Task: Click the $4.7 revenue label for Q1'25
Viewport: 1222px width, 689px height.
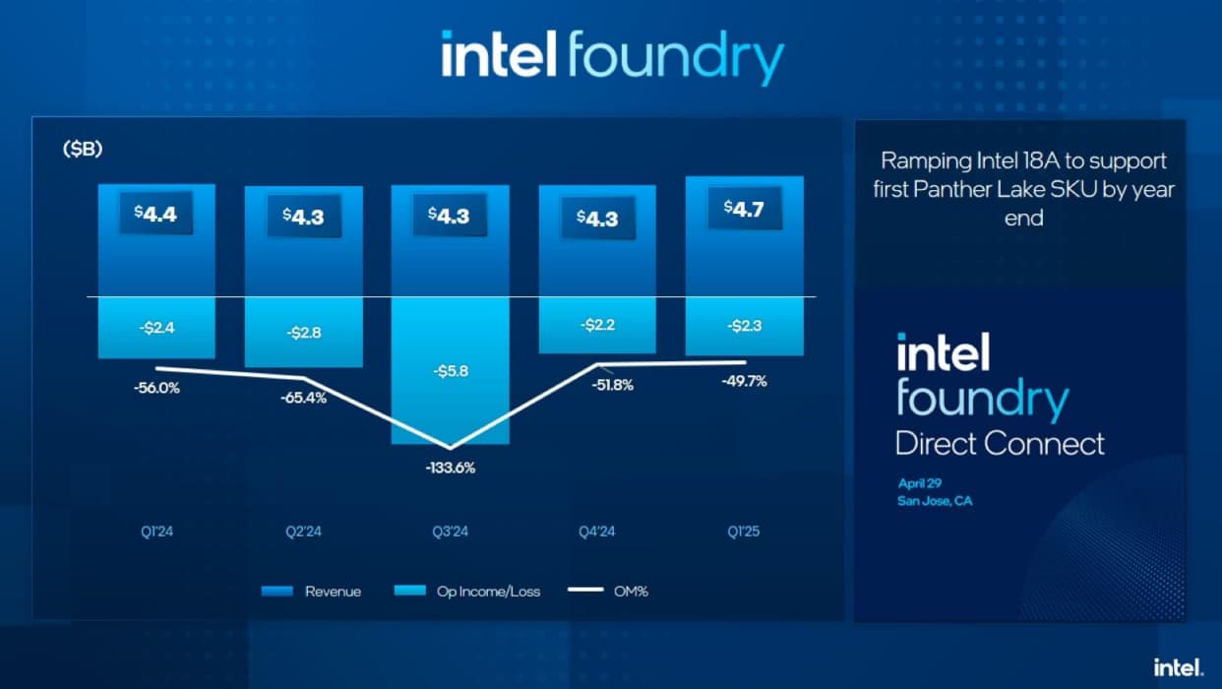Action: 744,208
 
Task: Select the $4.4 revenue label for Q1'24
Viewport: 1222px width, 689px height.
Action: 156,214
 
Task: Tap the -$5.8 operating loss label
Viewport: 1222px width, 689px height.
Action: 450,371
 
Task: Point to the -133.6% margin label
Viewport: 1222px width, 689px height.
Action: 451,468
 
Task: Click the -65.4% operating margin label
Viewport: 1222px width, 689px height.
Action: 304,398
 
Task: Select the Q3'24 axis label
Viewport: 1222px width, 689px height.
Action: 451,532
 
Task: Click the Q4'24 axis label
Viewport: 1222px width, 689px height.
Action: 597,532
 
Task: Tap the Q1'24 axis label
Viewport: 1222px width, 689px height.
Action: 156,532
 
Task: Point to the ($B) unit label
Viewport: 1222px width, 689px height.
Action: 84,151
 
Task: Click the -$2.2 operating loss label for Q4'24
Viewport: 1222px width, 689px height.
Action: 597,325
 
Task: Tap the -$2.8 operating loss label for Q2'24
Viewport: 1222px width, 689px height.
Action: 303,333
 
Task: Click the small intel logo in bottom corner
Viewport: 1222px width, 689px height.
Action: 1179,666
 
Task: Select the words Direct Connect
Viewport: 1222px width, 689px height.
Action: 1000,443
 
